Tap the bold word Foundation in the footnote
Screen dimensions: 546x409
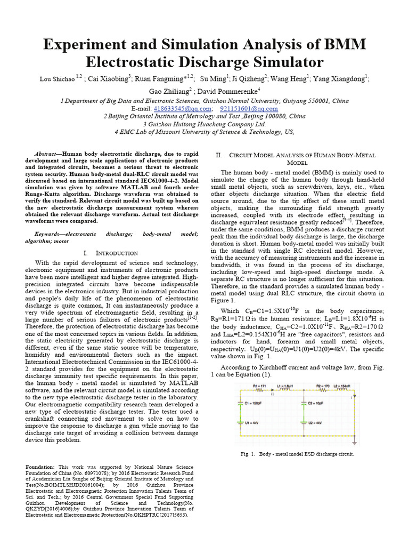[40, 467]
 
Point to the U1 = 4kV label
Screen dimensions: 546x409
[251, 423]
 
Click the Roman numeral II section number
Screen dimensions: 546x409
[218, 155]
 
